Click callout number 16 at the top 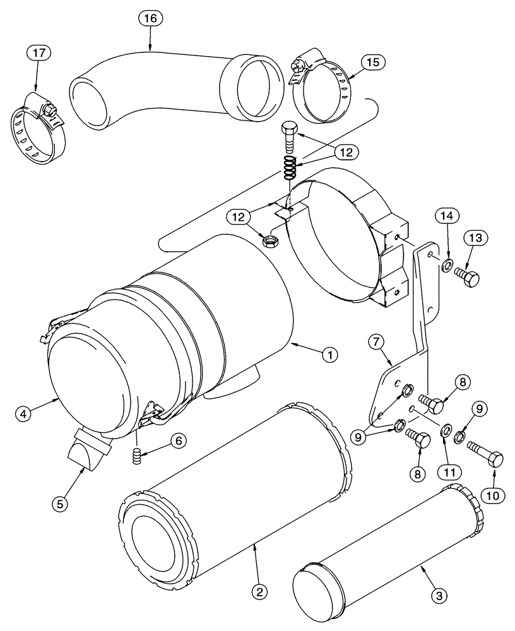150,20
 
